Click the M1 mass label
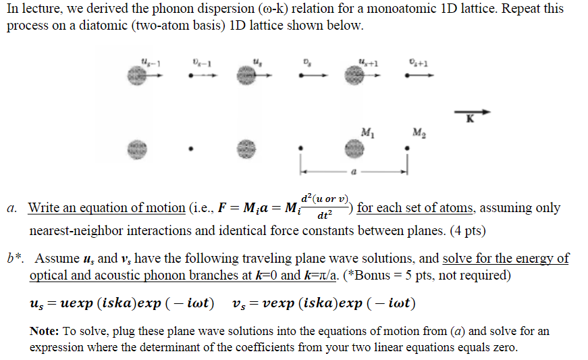point(365,130)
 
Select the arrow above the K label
point(469,112)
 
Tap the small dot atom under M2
point(406,148)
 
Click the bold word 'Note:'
point(45,331)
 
